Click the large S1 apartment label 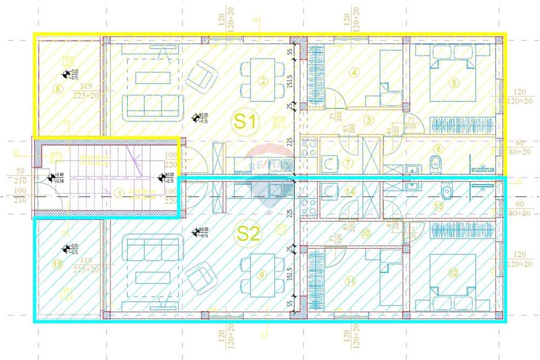coord(246,121)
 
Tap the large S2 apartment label coord(249,234)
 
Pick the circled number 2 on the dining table coord(263,81)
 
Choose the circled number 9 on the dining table coord(262,275)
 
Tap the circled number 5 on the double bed coord(454,83)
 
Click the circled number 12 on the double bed coord(453,273)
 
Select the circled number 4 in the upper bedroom coord(354,72)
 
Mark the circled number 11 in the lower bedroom coord(351,281)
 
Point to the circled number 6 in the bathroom coord(454,149)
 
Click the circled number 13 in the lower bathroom coord(438,206)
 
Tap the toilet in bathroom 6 coord(435,162)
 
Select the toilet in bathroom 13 coord(446,191)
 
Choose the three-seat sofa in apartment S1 coord(152,105)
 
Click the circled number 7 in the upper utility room coord(348,162)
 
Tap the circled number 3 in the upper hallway coord(369,120)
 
